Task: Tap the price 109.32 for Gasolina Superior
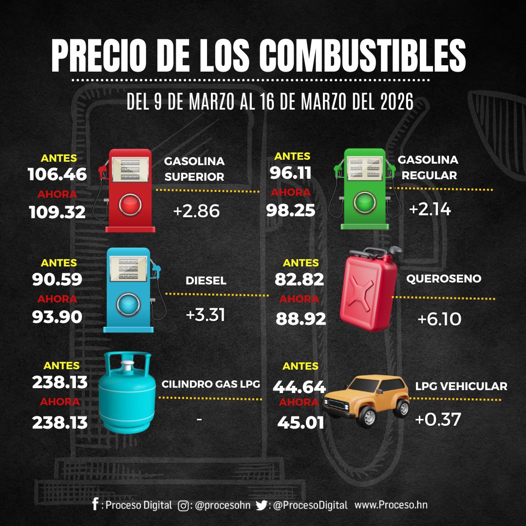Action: [x=57, y=212]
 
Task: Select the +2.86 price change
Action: [x=196, y=211]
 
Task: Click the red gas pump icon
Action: [x=129, y=190]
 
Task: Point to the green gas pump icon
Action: [x=364, y=189]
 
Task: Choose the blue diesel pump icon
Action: [x=130, y=290]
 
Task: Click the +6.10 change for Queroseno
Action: [x=439, y=319]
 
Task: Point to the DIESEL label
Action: [x=206, y=281]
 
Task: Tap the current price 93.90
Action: [x=57, y=317]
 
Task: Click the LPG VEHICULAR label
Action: [x=461, y=387]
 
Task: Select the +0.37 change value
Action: [x=437, y=420]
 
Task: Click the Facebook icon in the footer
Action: [x=95, y=504]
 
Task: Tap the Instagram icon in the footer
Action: [x=184, y=506]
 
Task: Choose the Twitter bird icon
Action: [x=262, y=506]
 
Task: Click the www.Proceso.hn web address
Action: [x=391, y=505]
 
